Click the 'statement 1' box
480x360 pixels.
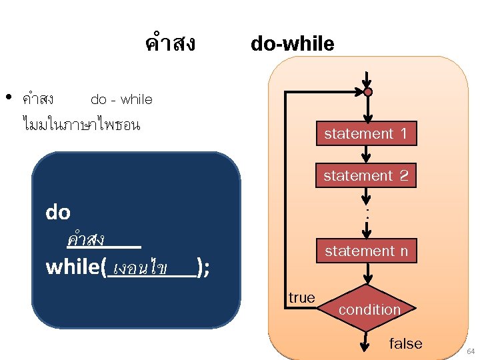tap(365, 134)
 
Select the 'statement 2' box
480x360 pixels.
tap(365, 176)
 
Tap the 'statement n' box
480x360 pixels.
tap(365, 251)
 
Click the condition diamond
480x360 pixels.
tap(369, 309)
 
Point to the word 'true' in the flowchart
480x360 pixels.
tap(302, 298)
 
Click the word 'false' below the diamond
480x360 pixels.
tap(405, 344)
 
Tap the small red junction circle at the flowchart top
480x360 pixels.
tap(367, 92)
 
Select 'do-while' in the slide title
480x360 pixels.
tap(292, 44)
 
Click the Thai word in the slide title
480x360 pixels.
tap(169, 44)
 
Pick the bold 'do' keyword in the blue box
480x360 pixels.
tap(58, 213)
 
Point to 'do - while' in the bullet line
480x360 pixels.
tap(121, 100)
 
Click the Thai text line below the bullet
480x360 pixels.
tap(81, 124)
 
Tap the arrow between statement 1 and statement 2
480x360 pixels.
tap(365, 154)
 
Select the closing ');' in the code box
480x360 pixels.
tap(203, 268)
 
